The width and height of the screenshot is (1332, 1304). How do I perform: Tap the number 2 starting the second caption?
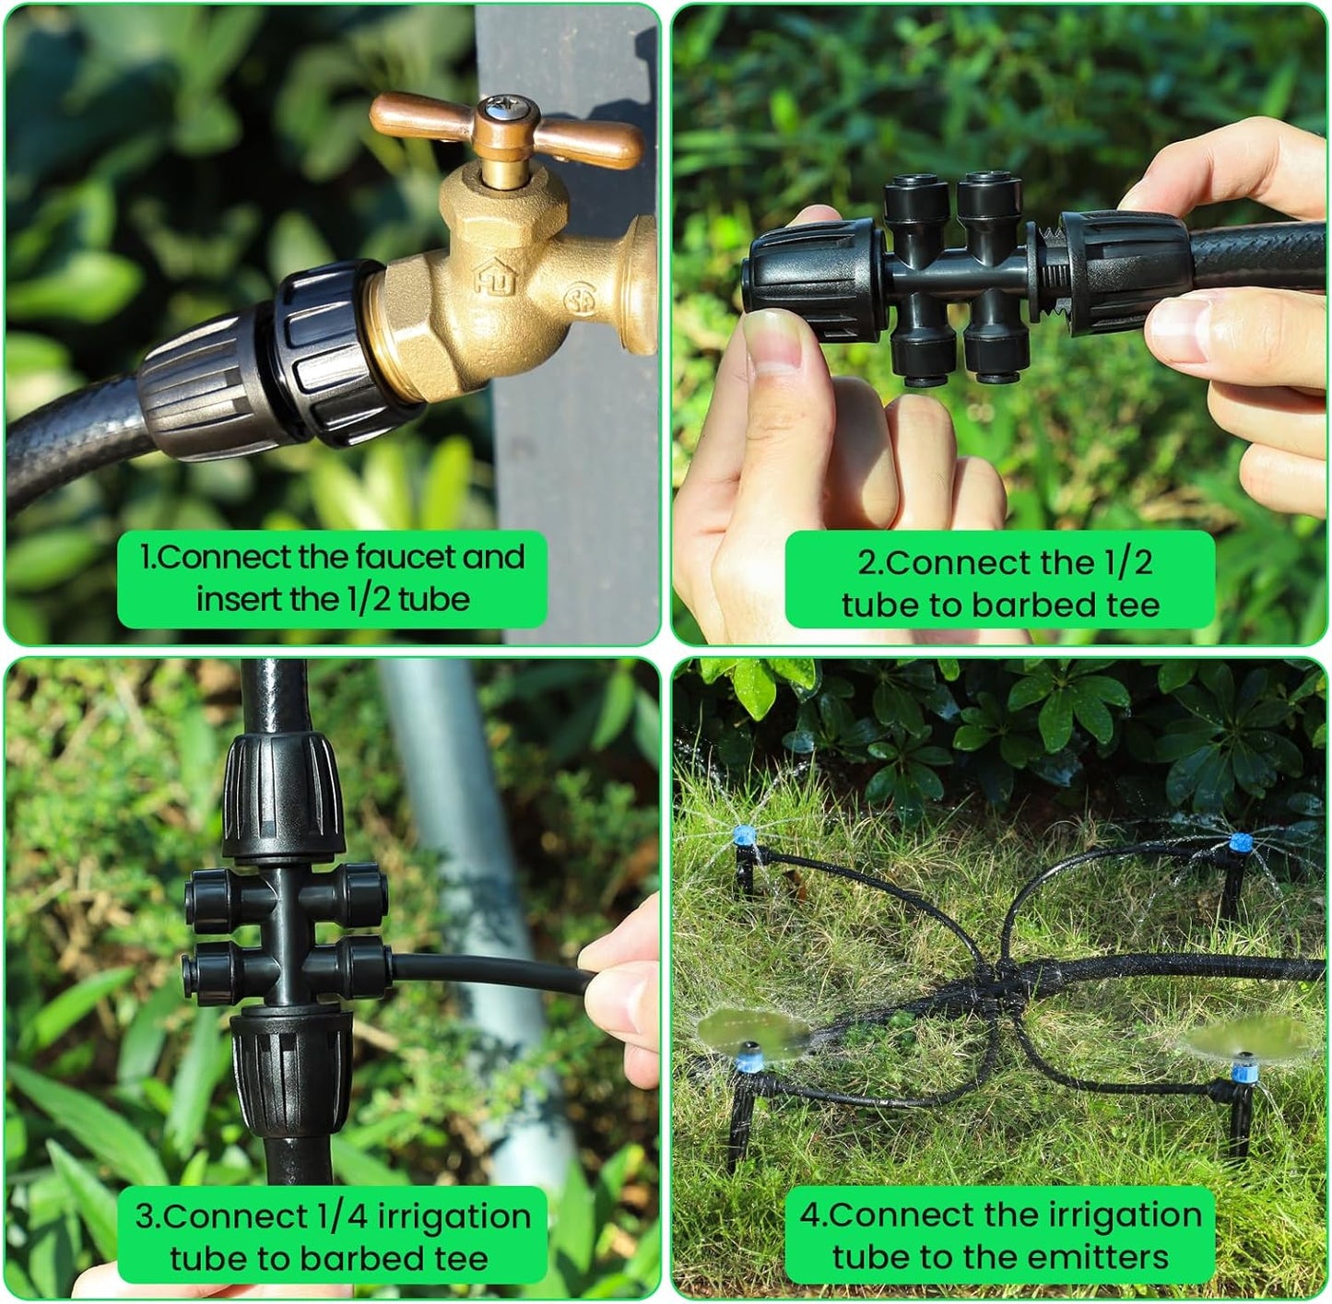(x=866, y=563)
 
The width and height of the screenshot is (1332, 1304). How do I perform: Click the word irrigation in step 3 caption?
(x=454, y=1216)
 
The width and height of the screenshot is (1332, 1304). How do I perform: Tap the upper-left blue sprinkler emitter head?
(x=744, y=837)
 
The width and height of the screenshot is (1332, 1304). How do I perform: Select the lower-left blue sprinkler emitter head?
(x=749, y=1053)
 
